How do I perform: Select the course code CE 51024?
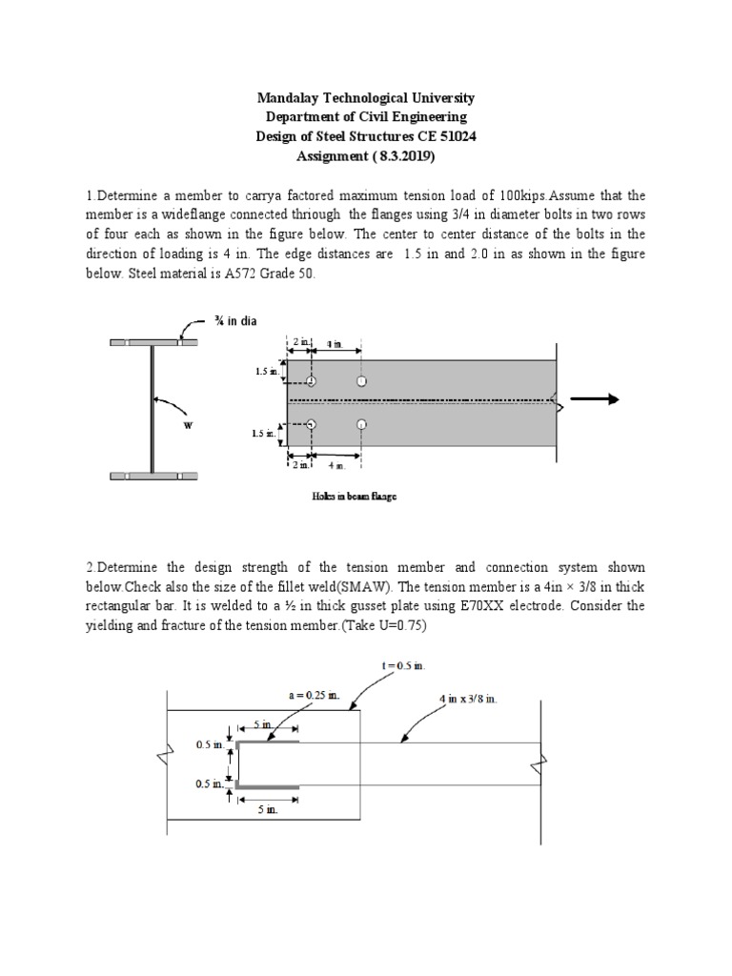(447, 136)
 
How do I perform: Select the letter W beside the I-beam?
(188, 425)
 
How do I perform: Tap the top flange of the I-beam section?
(152, 342)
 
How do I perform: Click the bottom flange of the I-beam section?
(152, 475)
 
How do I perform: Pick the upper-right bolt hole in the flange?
(360, 381)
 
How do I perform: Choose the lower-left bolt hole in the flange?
(312, 424)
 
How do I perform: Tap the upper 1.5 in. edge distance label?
(268, 372)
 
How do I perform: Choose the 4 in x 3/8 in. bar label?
(468, 699)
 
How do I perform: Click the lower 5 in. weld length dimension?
(266, 809)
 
